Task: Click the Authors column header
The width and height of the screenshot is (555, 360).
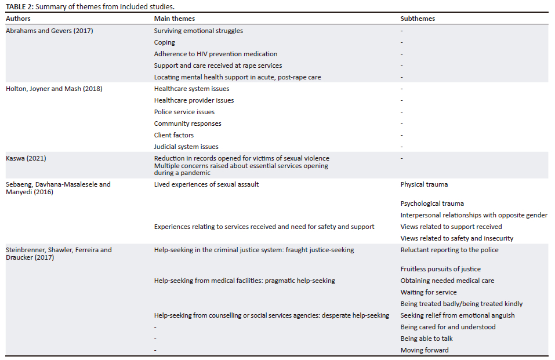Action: point(19,19)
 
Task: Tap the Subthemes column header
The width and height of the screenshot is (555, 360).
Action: point(418,19)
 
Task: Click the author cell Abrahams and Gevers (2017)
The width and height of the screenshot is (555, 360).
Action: point(49,31)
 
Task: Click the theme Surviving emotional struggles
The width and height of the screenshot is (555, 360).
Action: point(198,31)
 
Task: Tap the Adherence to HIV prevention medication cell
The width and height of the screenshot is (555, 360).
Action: point(215,54)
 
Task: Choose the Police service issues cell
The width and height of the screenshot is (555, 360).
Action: point(184,112)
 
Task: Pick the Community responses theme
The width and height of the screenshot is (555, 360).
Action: point(187,123)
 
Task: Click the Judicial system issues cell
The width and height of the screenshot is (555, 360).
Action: point(186,147)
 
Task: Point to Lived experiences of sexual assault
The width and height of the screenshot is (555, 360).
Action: point(206,184)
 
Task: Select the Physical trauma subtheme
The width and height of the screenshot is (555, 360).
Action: point(424,184)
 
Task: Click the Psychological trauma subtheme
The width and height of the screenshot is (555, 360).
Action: point(432,203)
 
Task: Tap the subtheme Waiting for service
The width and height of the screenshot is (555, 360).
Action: point(429,292)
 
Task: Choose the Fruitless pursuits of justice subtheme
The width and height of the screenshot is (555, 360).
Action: point(440,269)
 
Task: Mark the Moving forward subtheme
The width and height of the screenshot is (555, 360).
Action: point(425,350)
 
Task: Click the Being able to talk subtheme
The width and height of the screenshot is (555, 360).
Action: point(426,339)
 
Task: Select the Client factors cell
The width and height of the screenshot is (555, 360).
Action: point(174,135)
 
